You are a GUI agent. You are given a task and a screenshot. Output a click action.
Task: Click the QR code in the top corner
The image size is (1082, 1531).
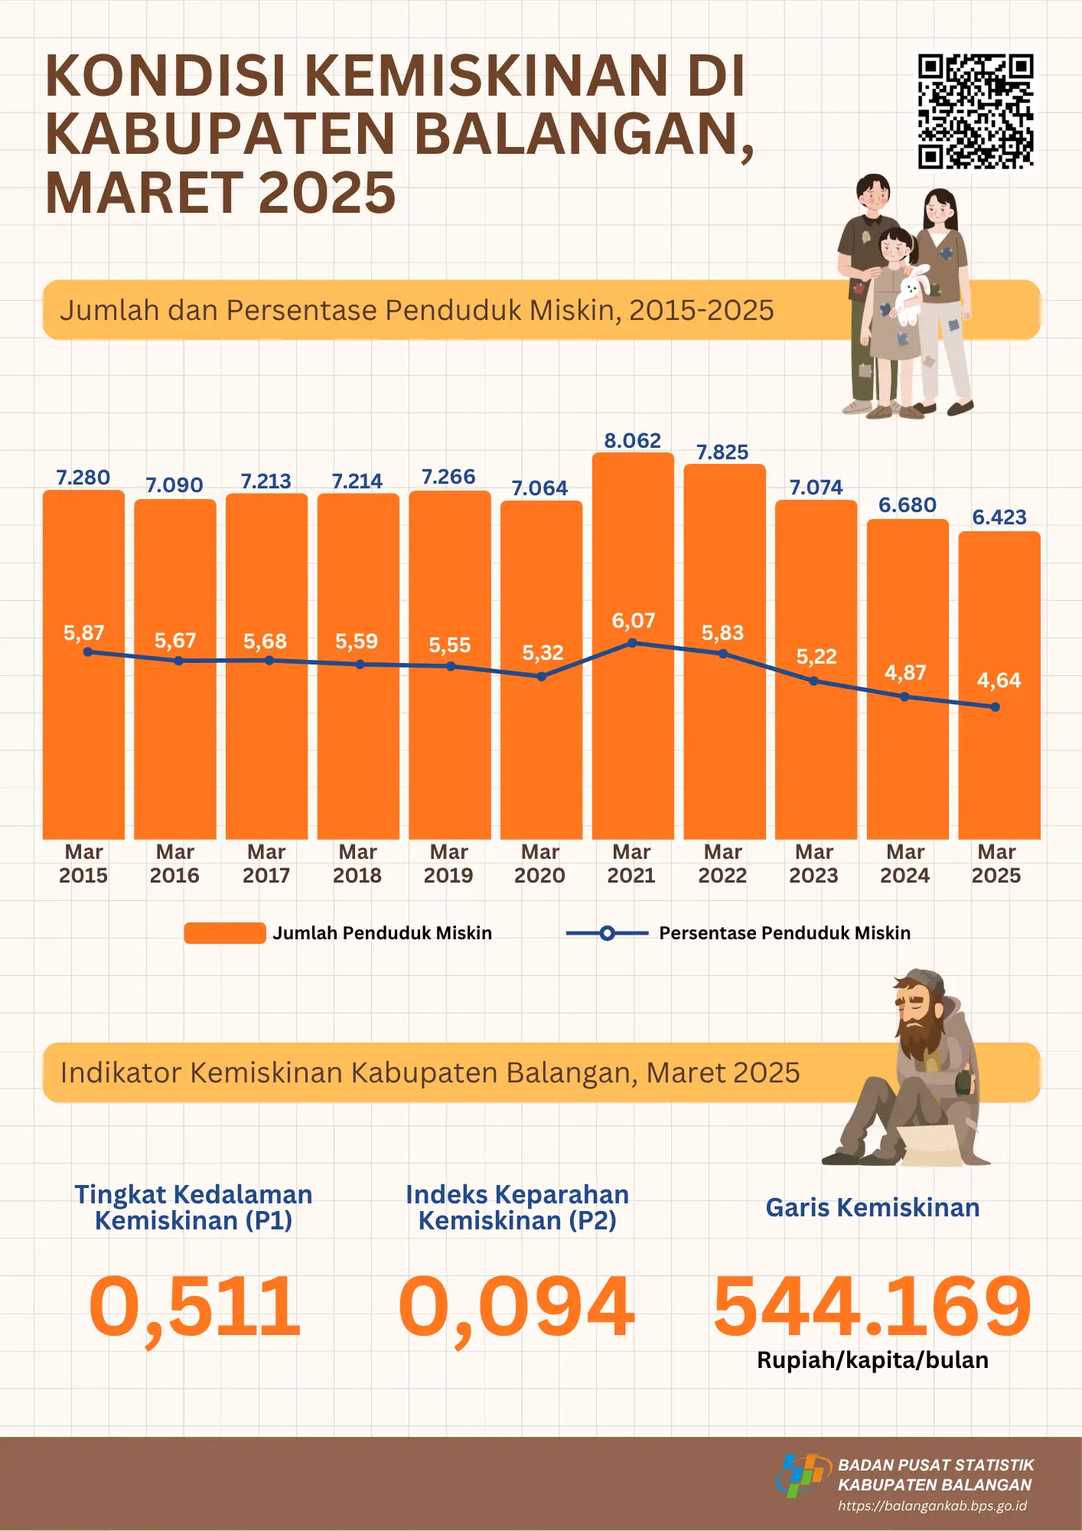point(976,111)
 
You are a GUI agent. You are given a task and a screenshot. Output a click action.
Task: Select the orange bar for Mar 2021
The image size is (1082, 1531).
point(632,735)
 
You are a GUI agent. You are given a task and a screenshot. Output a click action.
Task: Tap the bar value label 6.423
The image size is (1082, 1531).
point(999,517)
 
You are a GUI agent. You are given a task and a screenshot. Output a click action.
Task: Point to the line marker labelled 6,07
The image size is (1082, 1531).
point(632,643)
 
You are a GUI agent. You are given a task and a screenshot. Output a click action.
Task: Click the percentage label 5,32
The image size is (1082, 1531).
point(543,653)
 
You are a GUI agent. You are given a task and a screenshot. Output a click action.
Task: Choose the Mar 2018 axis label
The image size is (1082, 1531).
point(357,863)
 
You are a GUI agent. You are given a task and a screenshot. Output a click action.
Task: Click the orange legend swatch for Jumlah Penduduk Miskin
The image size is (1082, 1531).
point(224,933)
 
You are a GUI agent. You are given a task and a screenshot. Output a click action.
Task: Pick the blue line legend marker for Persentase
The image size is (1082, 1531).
point(607,933)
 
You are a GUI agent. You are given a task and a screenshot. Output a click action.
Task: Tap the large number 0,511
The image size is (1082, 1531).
point(195,1307)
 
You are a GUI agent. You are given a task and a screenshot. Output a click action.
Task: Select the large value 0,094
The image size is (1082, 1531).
point(517,1307)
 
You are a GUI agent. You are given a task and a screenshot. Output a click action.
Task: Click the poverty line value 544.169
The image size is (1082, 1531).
point(872,1307)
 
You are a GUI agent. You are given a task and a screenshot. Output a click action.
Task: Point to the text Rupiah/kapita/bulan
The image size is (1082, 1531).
point(872,1360)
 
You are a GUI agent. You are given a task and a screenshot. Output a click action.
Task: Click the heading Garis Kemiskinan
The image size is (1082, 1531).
point(872,1208)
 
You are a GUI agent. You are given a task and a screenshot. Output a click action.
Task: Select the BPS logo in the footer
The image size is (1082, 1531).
point(803,1475)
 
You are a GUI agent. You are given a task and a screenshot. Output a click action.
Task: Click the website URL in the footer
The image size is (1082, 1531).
point(932,1506)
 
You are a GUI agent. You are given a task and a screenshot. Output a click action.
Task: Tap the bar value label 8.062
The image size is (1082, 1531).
point(632,441)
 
